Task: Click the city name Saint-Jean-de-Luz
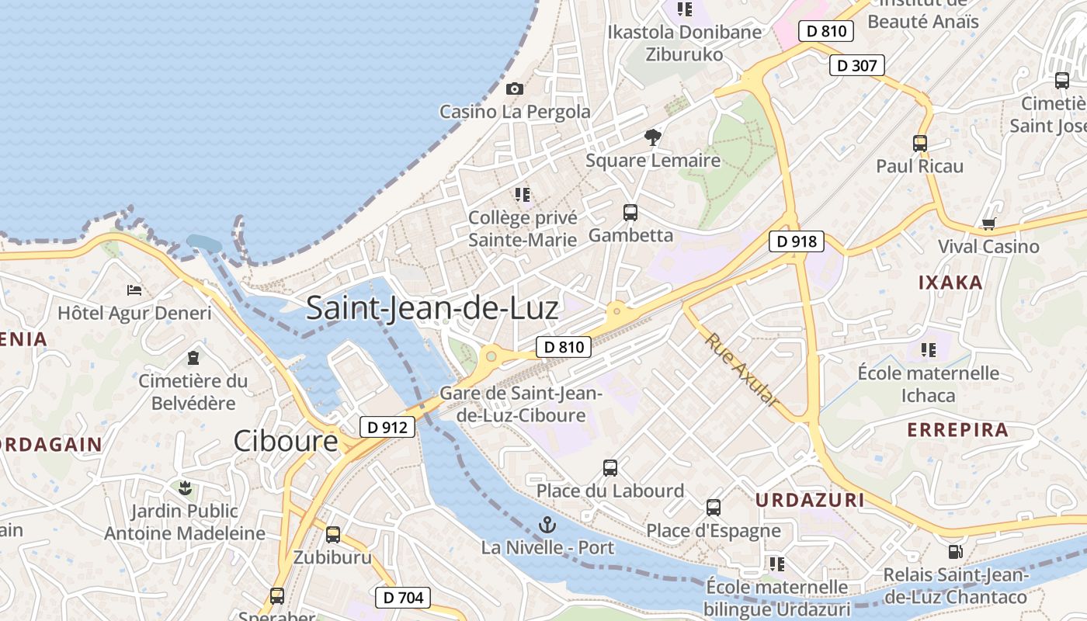pyautogui.click(x=432, y=308)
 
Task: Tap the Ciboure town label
pyautogui.click(x=286, y=441)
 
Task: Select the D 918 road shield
pyautogui.click(x=797, y=241)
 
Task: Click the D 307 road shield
pyautogui.click(x=857, y=65)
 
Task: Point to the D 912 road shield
pyautogui.click(x=387, y=426)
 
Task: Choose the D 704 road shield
pyautogui.click(x=403, y=597)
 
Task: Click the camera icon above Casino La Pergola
pyautogui.click(x=515, y=88)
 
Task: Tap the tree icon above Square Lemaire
pyautogui.click(x=653, y=137)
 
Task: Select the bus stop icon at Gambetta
pyautogui.click(x=630, y=212)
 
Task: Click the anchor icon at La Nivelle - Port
pyautogui.click(x=547, y=525)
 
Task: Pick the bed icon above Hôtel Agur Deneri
pyautogui.click(x=134, y=290)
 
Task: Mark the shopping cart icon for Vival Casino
pyautogui.click(x=988, y=224)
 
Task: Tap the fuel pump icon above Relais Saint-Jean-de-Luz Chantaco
pyautogui.click(x=955, y=552)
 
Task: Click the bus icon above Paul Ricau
pyautogui.click(x=920, y=143)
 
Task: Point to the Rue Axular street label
pyautogui.click(x=741, y=370)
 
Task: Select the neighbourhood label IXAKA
pyautogui.click(x=950, y=283)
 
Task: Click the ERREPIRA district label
pyautogui.click(x=957, y=429)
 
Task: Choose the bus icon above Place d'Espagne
pyautogui.click(x=714, y=508)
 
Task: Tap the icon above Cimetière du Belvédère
pyautogui.click(x=193, y=358)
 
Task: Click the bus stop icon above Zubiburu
pyautogui.click(x=333, y=534)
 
